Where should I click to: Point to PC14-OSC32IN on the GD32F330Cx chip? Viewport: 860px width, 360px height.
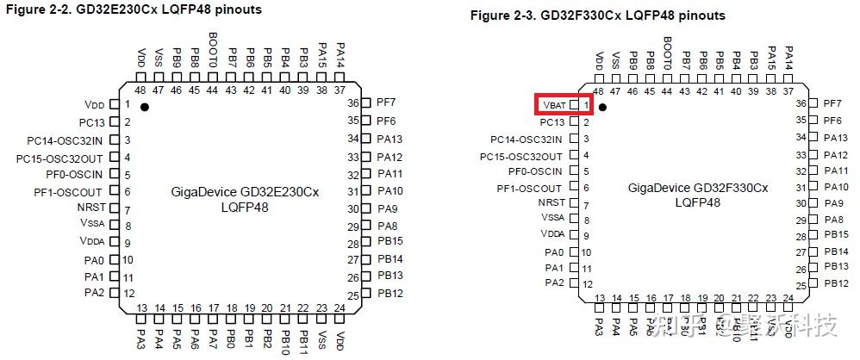[x=527, y=140]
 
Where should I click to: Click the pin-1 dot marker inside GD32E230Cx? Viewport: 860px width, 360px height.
[x=145, y=107]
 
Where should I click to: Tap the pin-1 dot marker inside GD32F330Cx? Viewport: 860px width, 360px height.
[x=603, y=108]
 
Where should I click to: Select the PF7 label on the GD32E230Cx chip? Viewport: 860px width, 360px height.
[x=385, y=102]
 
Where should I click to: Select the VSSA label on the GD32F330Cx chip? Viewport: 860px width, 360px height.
[x=552, y=217]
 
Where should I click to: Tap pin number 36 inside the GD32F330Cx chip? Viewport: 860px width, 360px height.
[x=801, y=103]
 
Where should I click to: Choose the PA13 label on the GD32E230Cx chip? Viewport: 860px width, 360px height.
[x=389, y=139]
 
